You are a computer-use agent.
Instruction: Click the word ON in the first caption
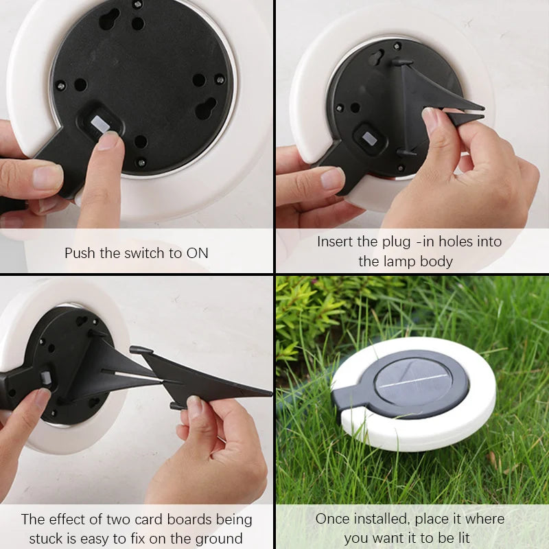[x=197, y=253]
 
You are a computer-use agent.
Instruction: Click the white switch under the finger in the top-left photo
[x=100, y=124]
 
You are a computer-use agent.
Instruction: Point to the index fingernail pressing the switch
[x=108, y=140]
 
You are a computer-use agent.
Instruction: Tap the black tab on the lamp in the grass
[x=347, y=401]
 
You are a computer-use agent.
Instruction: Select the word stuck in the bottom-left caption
[x=47, y=538]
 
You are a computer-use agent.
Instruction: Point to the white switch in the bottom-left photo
[x=46, y=378]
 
